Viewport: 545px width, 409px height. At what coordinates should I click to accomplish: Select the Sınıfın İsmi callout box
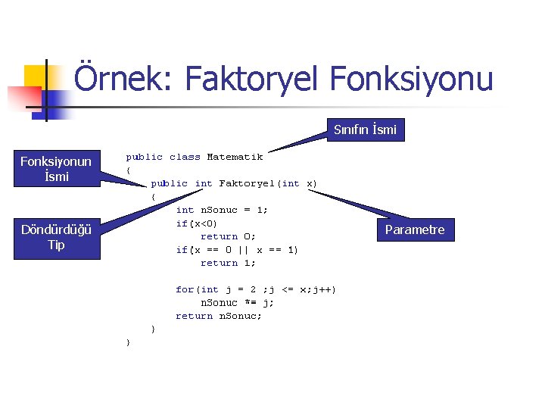pos(365,130)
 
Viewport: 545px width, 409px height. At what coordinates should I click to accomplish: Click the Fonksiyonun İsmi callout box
pos(56,169)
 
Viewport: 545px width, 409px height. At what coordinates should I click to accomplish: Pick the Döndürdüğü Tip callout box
pos(56,237)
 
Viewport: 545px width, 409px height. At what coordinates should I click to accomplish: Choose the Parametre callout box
pos(415,229)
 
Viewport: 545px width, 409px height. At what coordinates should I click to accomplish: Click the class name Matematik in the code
pos(235,157)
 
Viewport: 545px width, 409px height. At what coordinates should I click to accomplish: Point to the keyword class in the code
pos(185,157)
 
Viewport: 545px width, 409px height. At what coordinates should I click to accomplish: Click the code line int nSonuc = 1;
pos(222,210)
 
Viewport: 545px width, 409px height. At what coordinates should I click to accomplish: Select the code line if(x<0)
pos(197,223)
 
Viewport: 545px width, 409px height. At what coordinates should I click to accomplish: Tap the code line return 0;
pos(228,236)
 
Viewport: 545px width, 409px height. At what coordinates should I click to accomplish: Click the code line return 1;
pos(228,263)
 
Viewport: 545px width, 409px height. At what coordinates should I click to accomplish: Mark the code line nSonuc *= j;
pos(237,302)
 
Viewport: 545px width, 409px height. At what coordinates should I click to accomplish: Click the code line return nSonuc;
pos(219,316)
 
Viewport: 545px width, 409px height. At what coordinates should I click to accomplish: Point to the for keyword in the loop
pos(185,289)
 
